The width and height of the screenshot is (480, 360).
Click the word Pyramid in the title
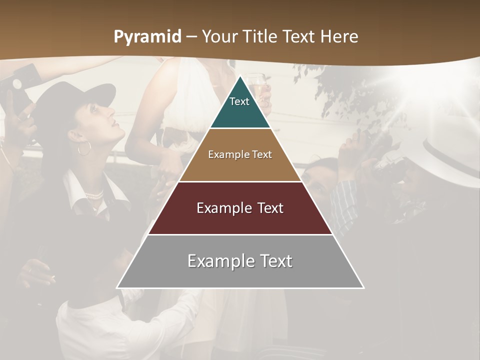[147, 37]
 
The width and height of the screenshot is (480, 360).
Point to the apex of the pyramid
[240, 76]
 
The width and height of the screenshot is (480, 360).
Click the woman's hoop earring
[84, 148]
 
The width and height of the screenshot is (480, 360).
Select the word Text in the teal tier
[239, 101]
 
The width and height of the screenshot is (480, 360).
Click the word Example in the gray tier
[216, 261]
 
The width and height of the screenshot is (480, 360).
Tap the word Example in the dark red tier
[220, 208]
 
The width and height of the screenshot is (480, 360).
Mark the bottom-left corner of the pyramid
[117, 288]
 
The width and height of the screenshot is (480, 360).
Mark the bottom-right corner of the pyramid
[363, 288]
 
